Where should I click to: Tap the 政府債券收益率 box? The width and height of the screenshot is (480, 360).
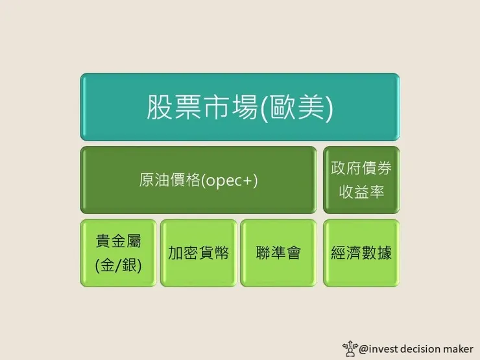click(361, 180)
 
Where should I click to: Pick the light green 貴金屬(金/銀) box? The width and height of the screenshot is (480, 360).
click(118, 253)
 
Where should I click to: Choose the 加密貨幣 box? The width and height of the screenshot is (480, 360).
click(198, 253)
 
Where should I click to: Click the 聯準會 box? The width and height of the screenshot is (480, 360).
click(278, 253)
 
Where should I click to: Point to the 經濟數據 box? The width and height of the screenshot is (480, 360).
click(361, 253)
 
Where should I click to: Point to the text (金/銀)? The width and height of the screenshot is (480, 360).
click(118, 265)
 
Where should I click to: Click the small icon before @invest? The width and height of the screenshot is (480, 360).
click(351, 348)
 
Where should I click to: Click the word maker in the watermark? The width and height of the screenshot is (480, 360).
click(461, 348)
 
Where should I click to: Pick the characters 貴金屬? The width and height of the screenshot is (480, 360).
click(118, 241)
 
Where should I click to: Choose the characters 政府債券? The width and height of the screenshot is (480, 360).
click(361, 168)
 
